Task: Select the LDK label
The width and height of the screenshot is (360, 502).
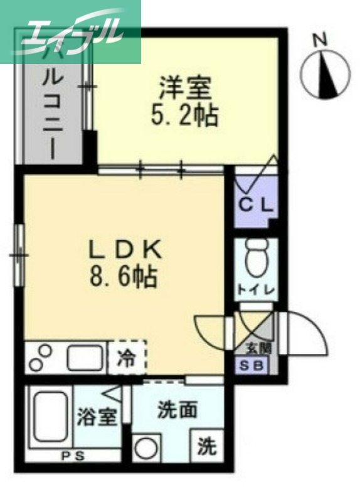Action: [x=125, y=250]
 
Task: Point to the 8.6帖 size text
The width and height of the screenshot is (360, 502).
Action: [x=125, y=277]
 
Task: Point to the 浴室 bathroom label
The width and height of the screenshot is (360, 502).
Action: [x=98, y=417]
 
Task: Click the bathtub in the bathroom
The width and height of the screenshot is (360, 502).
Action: [x=50, y=418]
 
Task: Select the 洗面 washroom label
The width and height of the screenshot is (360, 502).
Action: [x=177, y=411]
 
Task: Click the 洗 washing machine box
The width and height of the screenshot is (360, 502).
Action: [x=206, y=446]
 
